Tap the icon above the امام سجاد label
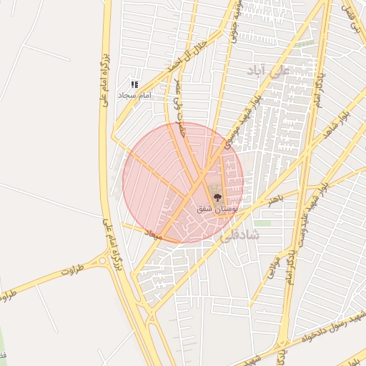(x=134, y=84)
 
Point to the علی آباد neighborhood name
(x=267, y=69)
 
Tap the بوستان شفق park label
(x=217, y=208)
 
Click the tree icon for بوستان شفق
(x=217, y=197)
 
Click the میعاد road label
(x=154, y=234)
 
